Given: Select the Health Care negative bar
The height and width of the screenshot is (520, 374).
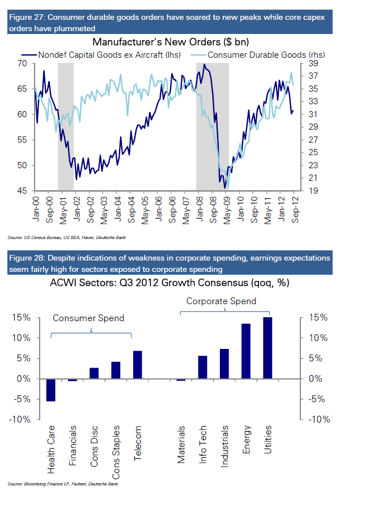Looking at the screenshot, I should click(51, 390).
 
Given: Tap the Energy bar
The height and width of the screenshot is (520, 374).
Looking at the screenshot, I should click(246, 351).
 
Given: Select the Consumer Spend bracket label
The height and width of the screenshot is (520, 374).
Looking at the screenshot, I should click(88, 318).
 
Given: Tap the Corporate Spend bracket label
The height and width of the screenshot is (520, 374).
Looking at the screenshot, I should click(222, 301).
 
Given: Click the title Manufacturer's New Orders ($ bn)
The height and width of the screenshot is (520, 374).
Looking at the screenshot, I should click(171, 42).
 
